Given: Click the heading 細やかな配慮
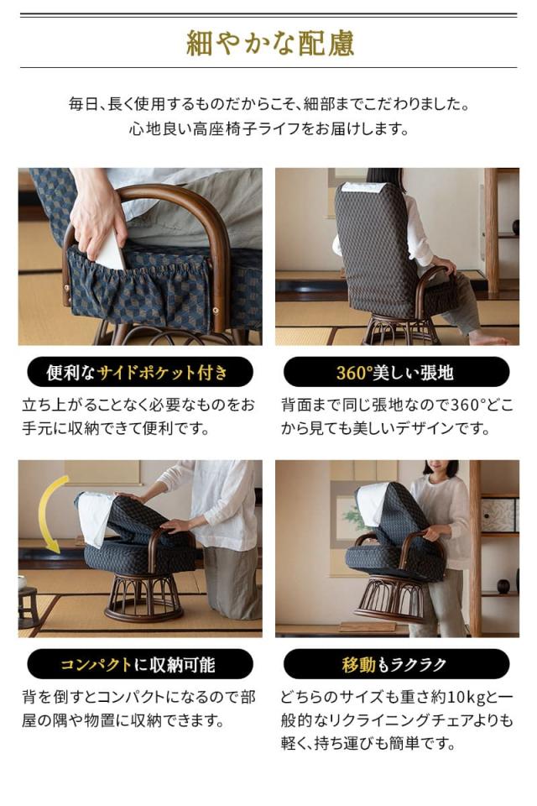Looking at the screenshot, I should [x=268, y=44].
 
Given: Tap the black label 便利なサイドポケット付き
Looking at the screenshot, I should [x=139, y=372].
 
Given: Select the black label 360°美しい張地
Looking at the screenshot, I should [x=396, y=372].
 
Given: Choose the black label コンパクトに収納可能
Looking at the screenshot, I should [x=139, y=664].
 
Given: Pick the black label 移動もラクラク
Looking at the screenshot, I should [x=396, y=664].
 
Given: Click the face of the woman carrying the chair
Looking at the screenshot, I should [x=440, y=469].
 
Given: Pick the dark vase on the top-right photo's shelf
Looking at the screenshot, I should [x=515, y=228].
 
